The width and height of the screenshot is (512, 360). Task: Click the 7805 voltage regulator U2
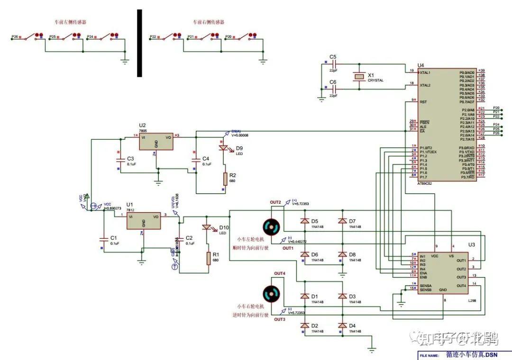click(x=155, y=141)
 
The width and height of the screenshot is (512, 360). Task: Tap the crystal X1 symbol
click(x=360, y=77)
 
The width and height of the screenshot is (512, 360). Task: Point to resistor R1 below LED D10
click(x=208, y=258)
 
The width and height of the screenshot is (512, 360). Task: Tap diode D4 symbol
click(x=342, y=325)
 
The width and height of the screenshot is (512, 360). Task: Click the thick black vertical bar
click(x=139, y=43)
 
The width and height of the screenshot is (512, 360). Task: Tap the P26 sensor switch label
click(x=14, y=36)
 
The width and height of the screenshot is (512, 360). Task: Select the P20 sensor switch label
click(x=229, y=36)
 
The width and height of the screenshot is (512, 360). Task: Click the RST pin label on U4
click(x=423, y=102)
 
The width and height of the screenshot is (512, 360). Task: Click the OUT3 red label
click(x=279, y=319)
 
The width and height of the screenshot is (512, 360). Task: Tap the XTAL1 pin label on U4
click(x=425, y=72)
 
